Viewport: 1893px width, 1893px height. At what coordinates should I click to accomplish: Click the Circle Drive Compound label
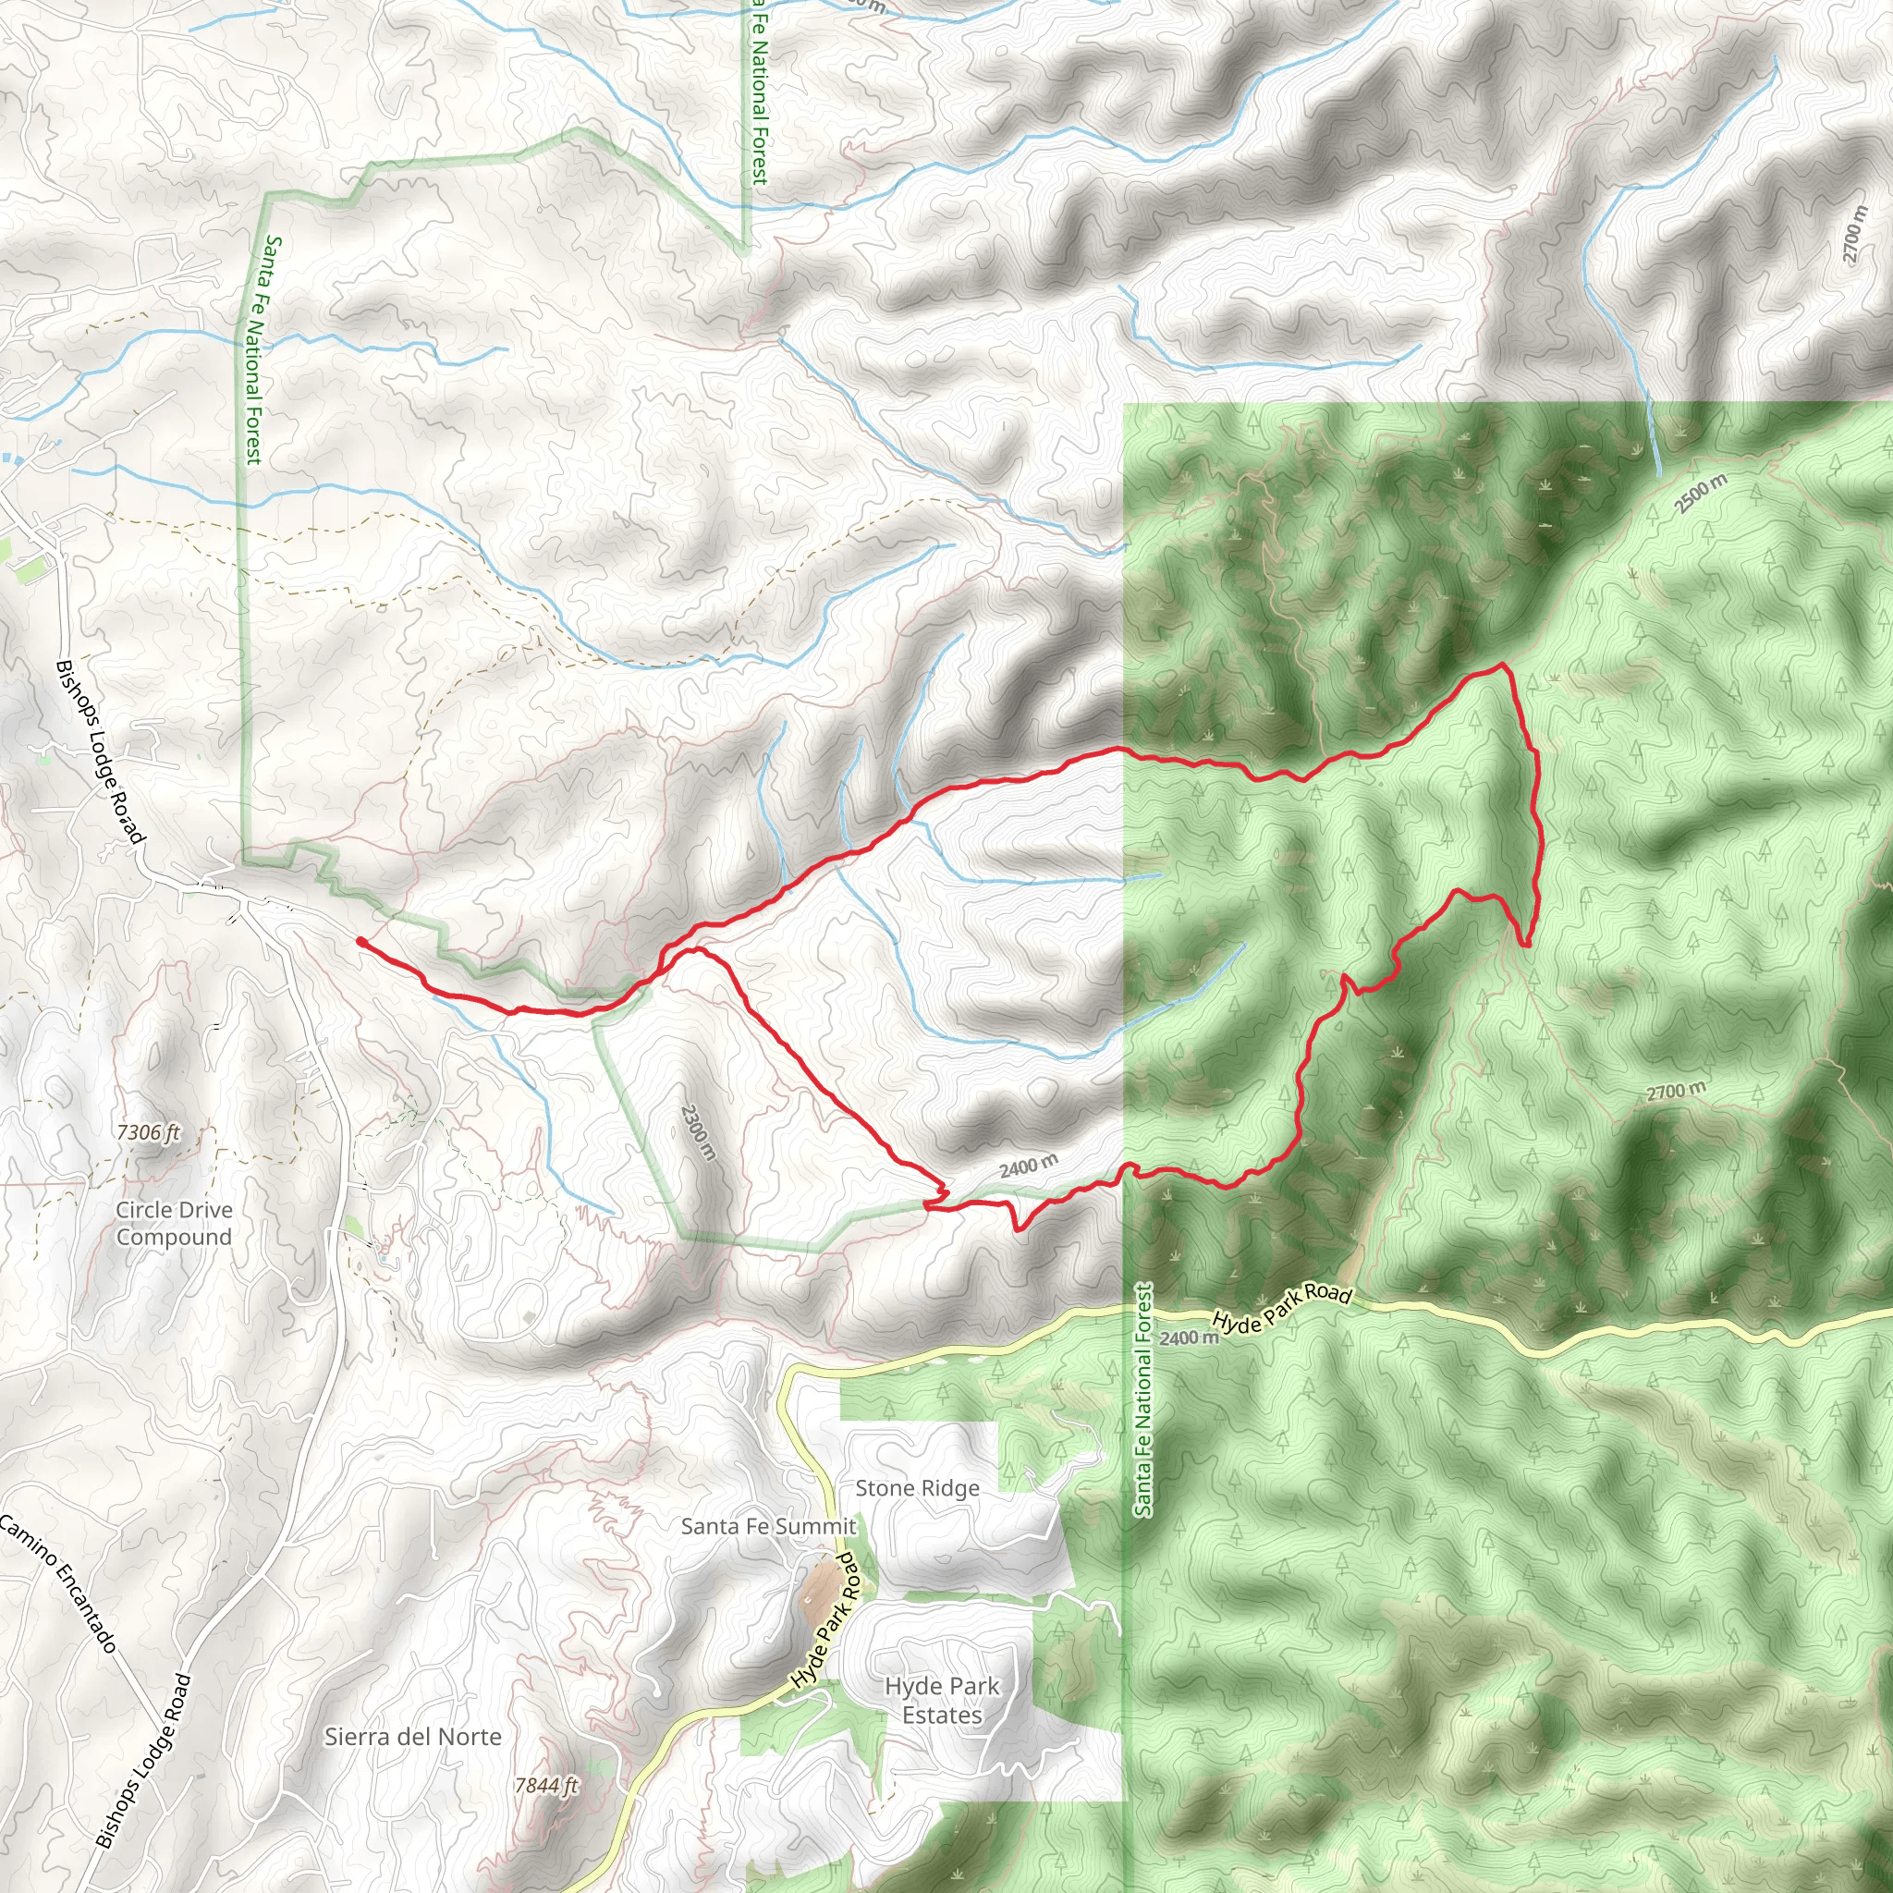tap(174, 1223)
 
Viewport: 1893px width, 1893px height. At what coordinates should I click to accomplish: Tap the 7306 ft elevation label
tap(148, 1131)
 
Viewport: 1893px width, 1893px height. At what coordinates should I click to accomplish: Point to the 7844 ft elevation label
tap(545, 1785)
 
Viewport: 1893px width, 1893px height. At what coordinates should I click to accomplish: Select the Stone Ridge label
tap(916, 1487)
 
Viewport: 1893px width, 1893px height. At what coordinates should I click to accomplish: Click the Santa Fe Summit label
tap(768, 1525)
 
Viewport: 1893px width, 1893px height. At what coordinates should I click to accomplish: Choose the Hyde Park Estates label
tap(941, 1700)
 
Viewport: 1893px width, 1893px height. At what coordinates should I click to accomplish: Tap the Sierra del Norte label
tap(412, 1736)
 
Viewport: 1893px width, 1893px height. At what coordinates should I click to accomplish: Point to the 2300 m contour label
tap(698, 1131)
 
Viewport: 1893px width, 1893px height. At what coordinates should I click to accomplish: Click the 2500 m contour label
tap(1700, 493)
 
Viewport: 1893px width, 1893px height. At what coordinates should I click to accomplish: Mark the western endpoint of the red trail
tap(360, 941)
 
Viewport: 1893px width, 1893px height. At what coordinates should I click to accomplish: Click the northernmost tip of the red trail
tap(1500, 666)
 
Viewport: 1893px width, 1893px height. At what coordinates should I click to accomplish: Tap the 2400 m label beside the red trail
tap(1028, 1166)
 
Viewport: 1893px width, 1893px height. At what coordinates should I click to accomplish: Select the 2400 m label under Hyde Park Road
tap(1188, 1337)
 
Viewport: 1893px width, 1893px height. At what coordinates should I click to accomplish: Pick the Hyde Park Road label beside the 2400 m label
tap(1282, 1307)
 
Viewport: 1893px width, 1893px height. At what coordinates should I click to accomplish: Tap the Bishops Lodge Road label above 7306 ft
tap(100, 751)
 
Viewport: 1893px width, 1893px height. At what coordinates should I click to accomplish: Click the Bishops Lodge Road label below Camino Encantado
tap(143, 1761)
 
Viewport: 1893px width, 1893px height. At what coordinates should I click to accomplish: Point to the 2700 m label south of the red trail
tap(1676, 1091)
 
